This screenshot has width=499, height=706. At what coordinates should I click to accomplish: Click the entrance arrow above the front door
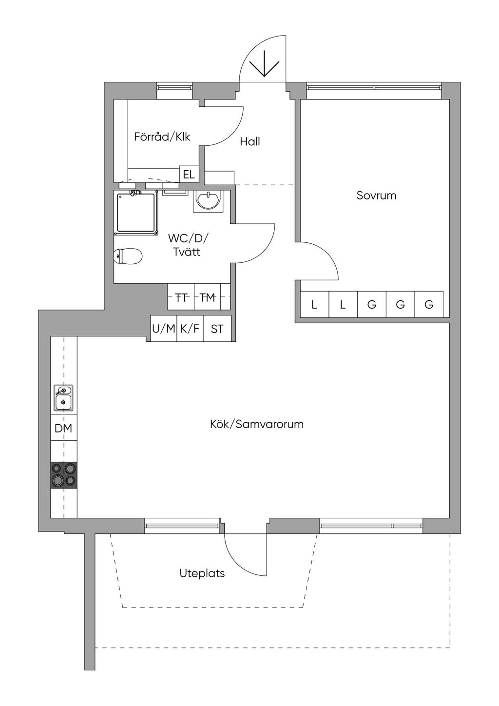tap(264, 64)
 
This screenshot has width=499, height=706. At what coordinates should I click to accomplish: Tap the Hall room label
tap(250, 142)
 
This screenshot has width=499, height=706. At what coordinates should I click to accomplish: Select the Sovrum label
tap(376, 196)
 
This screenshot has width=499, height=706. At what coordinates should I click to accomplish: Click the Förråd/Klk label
tap(162, 137)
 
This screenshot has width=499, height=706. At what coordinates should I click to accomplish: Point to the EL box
tap(189, 174)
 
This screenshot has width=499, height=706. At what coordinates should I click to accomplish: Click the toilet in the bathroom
tap(128, 255)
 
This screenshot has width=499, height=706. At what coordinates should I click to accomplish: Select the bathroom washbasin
tap(209, 200)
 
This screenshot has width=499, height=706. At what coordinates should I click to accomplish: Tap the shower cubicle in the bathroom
tap(136, 212)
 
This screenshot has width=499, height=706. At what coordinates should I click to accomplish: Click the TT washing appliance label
tap(181, 297)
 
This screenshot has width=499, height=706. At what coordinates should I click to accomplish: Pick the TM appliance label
tap(208, 297)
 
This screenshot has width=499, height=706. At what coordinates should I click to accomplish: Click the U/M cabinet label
tap(163, 329)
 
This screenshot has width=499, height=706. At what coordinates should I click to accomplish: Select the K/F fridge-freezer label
tap(190, 329)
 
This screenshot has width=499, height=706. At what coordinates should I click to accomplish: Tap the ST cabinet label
tap(217, 329)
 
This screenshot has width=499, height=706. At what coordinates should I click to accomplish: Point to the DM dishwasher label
tap(63, 429)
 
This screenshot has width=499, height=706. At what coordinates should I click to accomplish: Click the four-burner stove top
tap(64, 474)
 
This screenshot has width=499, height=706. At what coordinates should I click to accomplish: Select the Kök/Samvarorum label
tap(257, 424)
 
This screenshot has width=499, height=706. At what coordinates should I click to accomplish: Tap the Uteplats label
tap(202, 573)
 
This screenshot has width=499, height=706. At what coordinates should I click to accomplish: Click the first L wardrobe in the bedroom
tap(314, 305)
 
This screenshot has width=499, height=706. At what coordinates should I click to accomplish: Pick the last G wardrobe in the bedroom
tap(429, 305)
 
